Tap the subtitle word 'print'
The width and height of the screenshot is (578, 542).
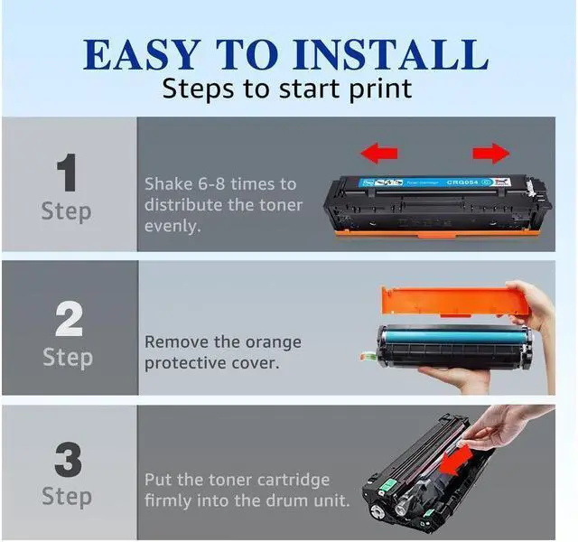pos(380,89)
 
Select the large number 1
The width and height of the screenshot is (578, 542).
pos(68,173)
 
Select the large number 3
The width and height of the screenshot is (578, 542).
pos(68,459)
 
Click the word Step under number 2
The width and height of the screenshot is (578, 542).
pos(68,357)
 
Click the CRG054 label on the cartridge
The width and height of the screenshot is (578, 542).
pos(467,182)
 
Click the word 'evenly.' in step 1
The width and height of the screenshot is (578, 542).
pos(172,225)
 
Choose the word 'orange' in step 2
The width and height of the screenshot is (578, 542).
pos(272,342)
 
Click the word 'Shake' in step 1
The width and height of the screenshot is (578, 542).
pos(169,183)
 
